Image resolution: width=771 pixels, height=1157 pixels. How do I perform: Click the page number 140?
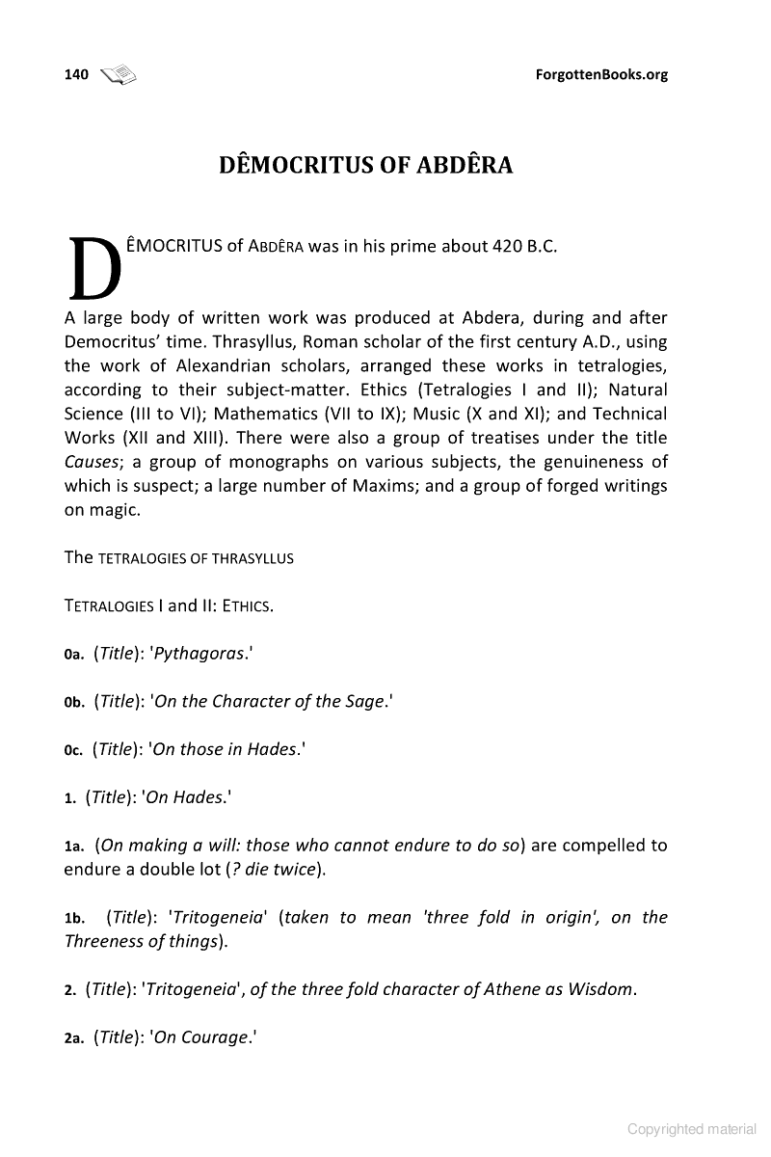click(x=76, y=74)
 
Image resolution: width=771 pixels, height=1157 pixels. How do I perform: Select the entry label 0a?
click(x=74, y=654)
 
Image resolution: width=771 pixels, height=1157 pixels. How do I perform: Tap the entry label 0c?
click(x=74, y=749)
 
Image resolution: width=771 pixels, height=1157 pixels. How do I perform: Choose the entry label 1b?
click(x=76, y=918)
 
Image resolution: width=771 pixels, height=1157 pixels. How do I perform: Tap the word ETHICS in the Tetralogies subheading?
click(x=247, y=606)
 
